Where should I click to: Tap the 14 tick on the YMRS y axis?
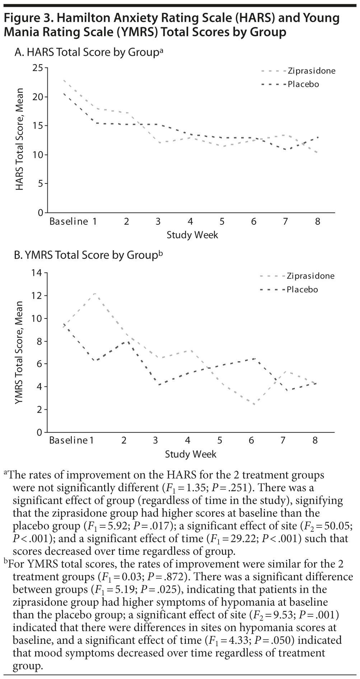[37, 273]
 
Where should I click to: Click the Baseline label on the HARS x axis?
[69, 222]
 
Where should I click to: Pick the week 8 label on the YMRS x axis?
[315, 440]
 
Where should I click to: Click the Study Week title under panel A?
[192, 235]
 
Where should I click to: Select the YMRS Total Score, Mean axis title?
[19, 353]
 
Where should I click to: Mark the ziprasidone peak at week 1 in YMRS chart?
[95, 293]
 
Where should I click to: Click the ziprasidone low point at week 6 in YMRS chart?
[254, 405]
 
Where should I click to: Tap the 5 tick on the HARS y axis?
[40, 184]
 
